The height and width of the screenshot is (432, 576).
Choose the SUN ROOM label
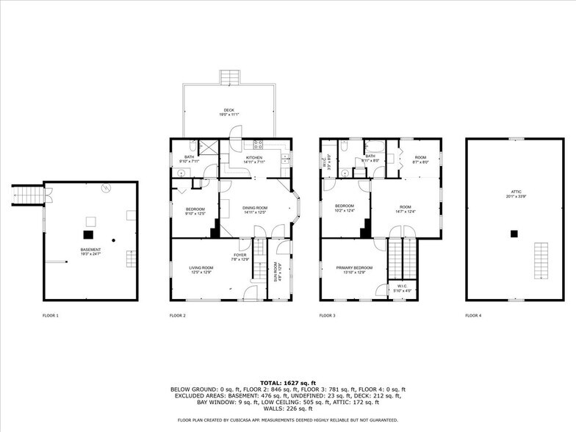pos(277,272)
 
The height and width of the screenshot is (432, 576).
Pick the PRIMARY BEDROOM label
pos(355,270)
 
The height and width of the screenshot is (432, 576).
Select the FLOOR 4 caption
pos(473,315)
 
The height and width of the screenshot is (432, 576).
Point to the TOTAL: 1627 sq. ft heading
pos(287,383)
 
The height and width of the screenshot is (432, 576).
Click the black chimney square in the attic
pos(515,234)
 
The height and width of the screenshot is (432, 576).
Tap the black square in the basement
pos(88,234)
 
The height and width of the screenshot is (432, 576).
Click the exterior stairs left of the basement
pos(27,196)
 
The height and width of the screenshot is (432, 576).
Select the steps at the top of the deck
pos(229,78)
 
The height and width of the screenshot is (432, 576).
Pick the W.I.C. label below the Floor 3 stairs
pos(402,289)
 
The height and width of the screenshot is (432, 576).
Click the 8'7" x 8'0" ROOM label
pos(420,159)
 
